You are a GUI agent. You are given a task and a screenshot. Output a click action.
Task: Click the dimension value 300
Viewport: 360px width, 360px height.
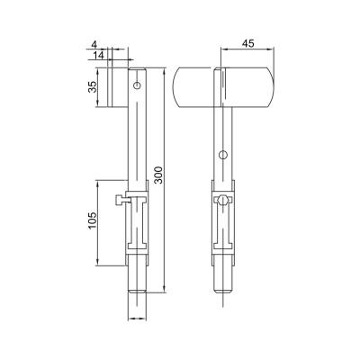coord(159,175)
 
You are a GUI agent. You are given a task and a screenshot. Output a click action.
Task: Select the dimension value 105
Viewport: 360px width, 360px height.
coord(93,220)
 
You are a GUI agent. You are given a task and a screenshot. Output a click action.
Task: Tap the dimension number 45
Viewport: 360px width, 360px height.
coord(248,44)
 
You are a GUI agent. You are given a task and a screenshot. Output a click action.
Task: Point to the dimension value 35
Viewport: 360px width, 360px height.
coord(93,87)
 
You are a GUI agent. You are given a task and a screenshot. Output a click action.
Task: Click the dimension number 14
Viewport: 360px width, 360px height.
coord(98,55)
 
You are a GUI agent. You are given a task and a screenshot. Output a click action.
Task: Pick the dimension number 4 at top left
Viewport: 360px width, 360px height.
coord(94,44)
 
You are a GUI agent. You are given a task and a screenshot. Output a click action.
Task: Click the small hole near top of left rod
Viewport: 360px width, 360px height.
coord(138,85)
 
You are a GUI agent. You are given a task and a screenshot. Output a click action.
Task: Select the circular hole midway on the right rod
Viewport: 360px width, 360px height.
coord(222,155)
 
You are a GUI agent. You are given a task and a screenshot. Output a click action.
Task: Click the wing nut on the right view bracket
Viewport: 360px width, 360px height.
coord(222,200)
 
